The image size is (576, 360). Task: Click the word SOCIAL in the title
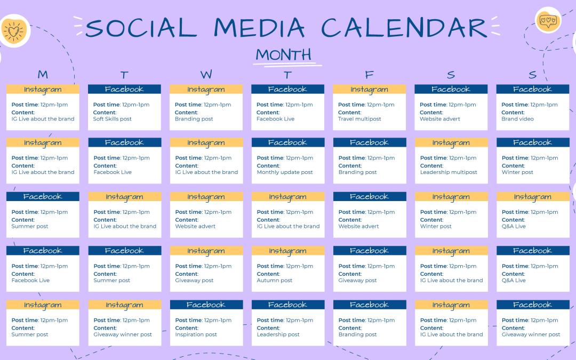pos(141,28)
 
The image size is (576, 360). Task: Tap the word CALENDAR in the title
pos(404,28)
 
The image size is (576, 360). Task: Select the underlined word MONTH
pos(283,54)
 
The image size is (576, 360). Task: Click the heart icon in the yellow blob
pos(13,32)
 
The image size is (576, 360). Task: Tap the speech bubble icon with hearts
pos(548,20)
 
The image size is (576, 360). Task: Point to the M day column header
pos(43,75)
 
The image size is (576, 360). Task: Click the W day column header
pos(206,75)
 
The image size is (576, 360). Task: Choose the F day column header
pos(369,75)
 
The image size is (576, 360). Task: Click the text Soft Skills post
pos(112,119)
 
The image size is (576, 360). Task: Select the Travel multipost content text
pos(359,119)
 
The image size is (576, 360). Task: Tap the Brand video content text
pos(517,119)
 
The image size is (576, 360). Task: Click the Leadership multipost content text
pos(448,172)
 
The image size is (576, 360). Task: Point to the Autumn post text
pos(275,281)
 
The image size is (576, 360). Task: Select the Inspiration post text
pos(196,334)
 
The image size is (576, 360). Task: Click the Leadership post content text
pos(277,334)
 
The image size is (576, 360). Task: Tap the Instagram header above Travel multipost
pos(369,89)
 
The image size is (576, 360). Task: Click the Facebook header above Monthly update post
pos(287,142)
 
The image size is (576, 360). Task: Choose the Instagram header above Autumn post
pos(287,251)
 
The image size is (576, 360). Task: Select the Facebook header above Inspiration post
pos(206,305)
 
